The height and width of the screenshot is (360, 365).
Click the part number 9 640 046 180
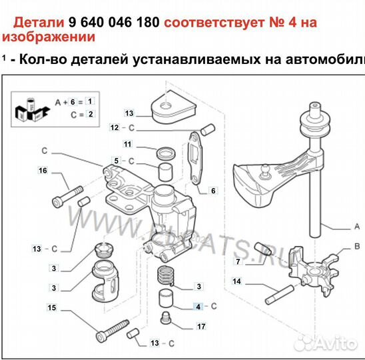114,23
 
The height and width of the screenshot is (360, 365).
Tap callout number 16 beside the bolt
43,171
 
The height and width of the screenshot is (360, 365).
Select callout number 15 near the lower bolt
51,307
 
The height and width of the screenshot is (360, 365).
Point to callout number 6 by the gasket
116,161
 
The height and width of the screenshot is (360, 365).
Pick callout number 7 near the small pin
213,191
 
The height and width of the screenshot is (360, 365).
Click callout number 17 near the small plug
200,327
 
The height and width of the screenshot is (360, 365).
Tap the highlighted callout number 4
197,307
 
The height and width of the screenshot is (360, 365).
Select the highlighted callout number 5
116,161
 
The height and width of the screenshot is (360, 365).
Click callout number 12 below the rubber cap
115,127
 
